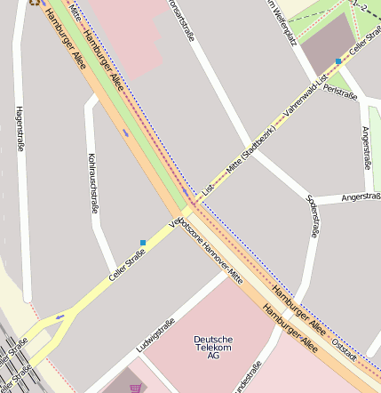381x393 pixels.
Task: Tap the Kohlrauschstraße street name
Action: coord(91,182)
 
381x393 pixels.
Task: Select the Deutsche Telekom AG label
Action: coord(213,347)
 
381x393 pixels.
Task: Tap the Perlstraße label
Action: coord(340,91)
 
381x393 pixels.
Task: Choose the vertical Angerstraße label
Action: coord(366,147)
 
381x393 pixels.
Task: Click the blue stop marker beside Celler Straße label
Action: coord(142,242)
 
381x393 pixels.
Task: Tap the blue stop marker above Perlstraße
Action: coord(337,61)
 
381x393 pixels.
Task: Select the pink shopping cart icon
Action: coord(135,388)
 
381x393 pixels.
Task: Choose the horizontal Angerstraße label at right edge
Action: coord(361,196)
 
